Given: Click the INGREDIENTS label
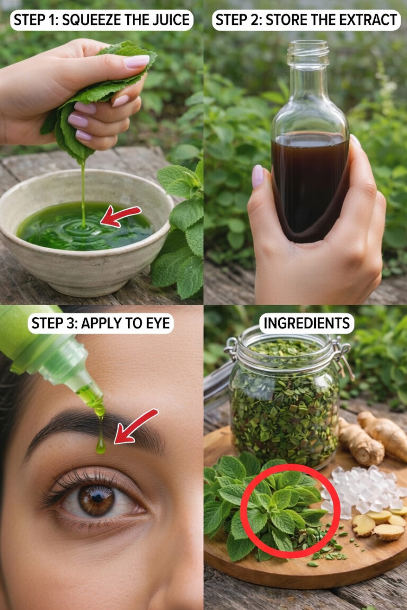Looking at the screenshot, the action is click(x=306, y=324).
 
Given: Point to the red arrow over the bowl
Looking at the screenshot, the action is click(x=120, y=216).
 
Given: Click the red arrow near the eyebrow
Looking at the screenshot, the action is click(x=136, y=426).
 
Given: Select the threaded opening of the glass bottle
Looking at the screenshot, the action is click(x=308, y=52).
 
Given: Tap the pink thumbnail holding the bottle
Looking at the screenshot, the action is click(x=258, y=176).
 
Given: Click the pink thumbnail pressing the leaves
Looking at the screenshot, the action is click(x=136, y=61).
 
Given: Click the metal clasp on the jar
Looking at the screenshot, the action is click(x=343, y=357).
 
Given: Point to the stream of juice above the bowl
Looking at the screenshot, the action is click(x=83, y=193).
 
